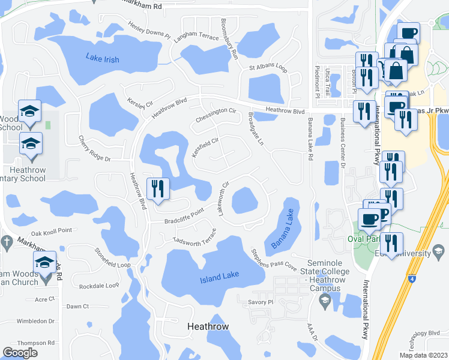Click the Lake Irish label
[x=102, y=59]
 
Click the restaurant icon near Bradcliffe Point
[x=158, y=188]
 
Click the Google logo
[x=20, y=353]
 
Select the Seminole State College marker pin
[x=325, y=301]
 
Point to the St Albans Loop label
[x=268, y=67]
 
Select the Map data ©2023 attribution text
[x=423, y=355]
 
